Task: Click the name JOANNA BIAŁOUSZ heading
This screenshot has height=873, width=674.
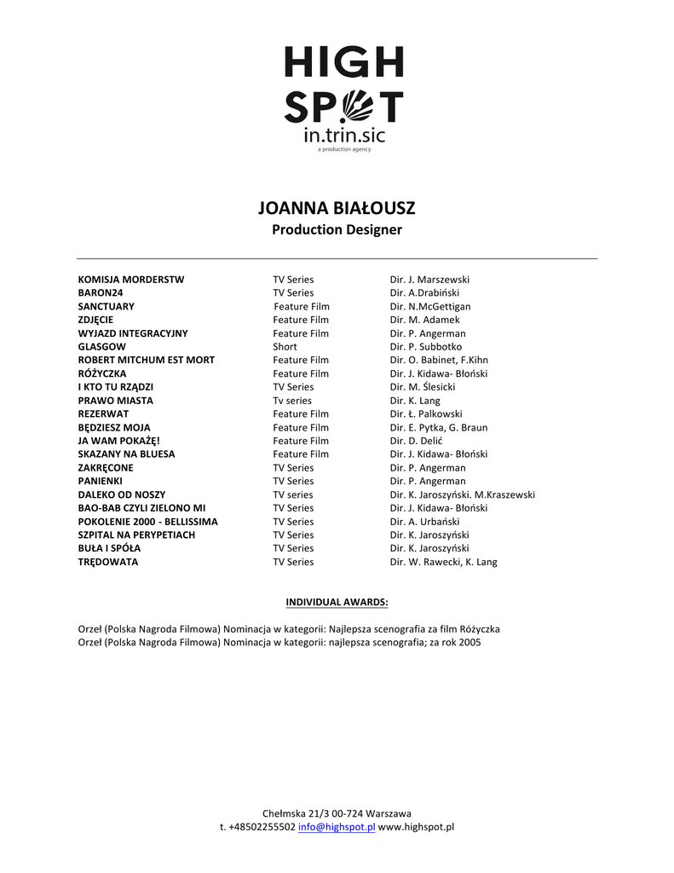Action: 337,208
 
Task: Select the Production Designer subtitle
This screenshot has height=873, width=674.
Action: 337,229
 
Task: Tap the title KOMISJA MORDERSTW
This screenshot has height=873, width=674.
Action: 131,280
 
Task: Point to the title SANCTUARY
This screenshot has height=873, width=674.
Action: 107,306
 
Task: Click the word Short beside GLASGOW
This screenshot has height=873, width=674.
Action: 285,347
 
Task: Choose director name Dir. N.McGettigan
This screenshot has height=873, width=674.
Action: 430,306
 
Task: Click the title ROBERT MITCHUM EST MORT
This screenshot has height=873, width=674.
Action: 147,360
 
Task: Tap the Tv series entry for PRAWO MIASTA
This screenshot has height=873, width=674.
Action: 292,401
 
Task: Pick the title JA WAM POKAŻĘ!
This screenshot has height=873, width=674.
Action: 119,441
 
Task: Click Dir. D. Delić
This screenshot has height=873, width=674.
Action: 420,441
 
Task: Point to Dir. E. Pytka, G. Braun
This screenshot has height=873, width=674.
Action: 439,427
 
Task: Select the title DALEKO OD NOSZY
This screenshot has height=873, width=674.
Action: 122,494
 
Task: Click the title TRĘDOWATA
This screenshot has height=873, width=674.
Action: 108,562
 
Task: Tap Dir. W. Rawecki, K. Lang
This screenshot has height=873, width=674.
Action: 443,562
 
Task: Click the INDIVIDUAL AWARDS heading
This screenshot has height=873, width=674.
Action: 337,602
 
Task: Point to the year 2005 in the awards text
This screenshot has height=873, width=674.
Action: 469,643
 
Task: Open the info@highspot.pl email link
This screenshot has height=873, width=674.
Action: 337,827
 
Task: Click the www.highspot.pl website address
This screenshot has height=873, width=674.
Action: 416,827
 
